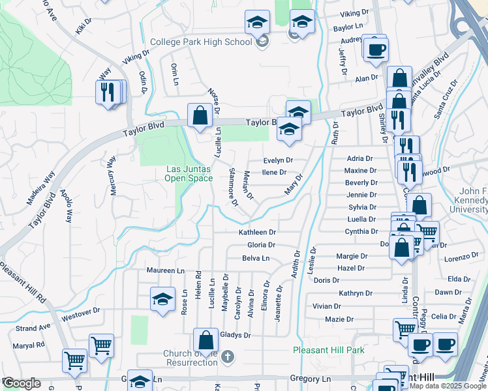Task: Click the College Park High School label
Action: coord(200,42)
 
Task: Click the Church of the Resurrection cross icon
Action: coord(226,356)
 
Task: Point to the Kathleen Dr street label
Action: coord(258,232)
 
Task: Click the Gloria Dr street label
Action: coord(261,245)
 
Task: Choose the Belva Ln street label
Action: coord(256,258)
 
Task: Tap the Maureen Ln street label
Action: coord(161,270)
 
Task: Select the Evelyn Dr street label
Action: coord(278,160)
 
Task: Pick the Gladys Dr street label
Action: coord(236,335)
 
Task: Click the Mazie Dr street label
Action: coord(339,319)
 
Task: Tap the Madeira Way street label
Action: coord(40,189)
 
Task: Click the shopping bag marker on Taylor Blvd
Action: coord(200,115)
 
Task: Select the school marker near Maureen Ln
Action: coord(162,300)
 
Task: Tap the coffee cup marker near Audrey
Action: coord(375,49)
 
